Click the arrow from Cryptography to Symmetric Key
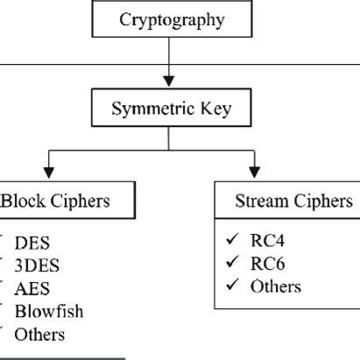167,66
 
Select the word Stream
260,201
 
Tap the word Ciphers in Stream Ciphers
322,201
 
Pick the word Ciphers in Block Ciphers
81,201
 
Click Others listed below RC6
275,286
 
